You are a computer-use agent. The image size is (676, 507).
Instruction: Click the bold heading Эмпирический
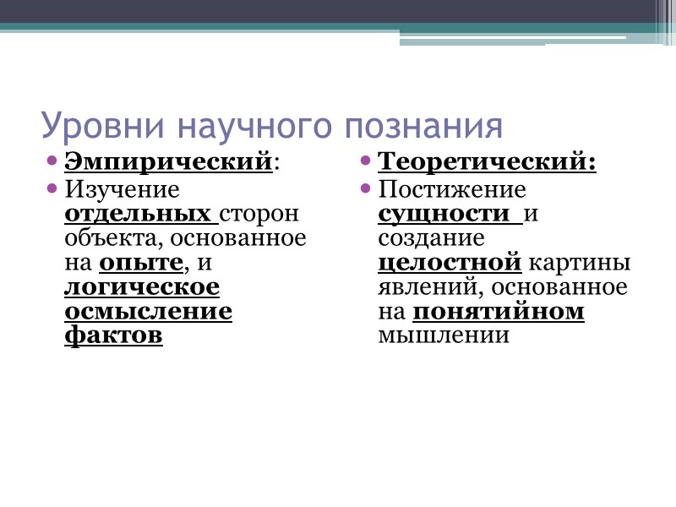pos(169,161)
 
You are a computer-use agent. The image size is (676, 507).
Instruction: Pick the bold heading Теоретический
pos(486,161)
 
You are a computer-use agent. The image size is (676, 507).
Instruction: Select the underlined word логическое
pos(142,287)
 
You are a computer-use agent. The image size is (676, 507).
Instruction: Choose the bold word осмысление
pos(148,312)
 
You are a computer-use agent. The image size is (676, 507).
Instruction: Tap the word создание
pos(431,237)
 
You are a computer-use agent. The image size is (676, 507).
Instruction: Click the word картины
pos(580,263)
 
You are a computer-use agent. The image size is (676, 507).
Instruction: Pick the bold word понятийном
pos(499,312)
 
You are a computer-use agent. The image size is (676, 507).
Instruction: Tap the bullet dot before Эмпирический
pos(52,160)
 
